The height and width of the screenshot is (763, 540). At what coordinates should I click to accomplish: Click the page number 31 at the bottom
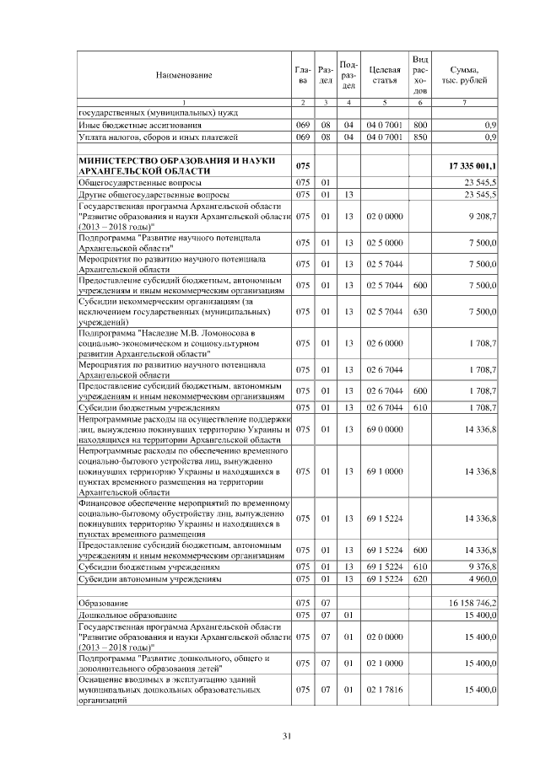[286, 736]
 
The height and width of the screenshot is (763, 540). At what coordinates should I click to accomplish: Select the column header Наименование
[183, 75]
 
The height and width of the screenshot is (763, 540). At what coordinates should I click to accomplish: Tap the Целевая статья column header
[384, 74]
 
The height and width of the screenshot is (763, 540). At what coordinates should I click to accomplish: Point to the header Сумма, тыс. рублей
[465, 74]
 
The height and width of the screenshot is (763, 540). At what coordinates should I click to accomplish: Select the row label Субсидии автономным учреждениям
[149, 580]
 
